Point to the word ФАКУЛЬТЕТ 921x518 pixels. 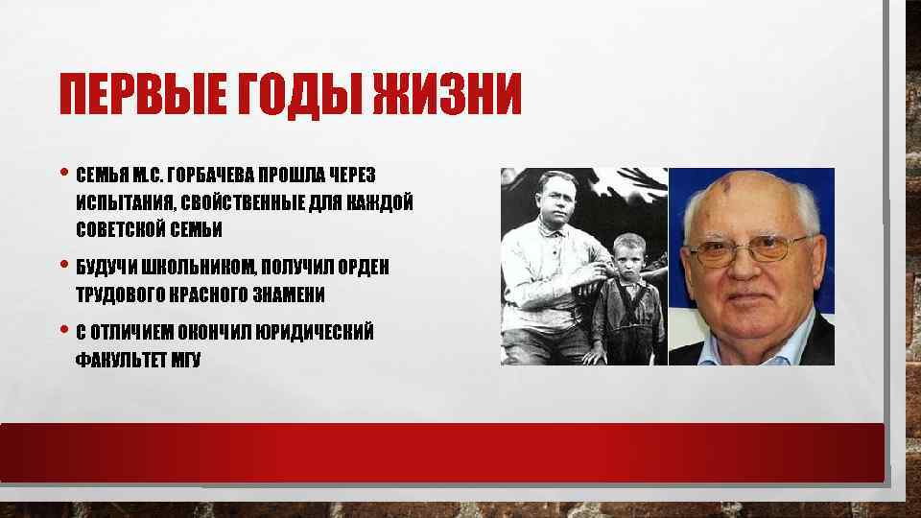click(121, 360)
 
